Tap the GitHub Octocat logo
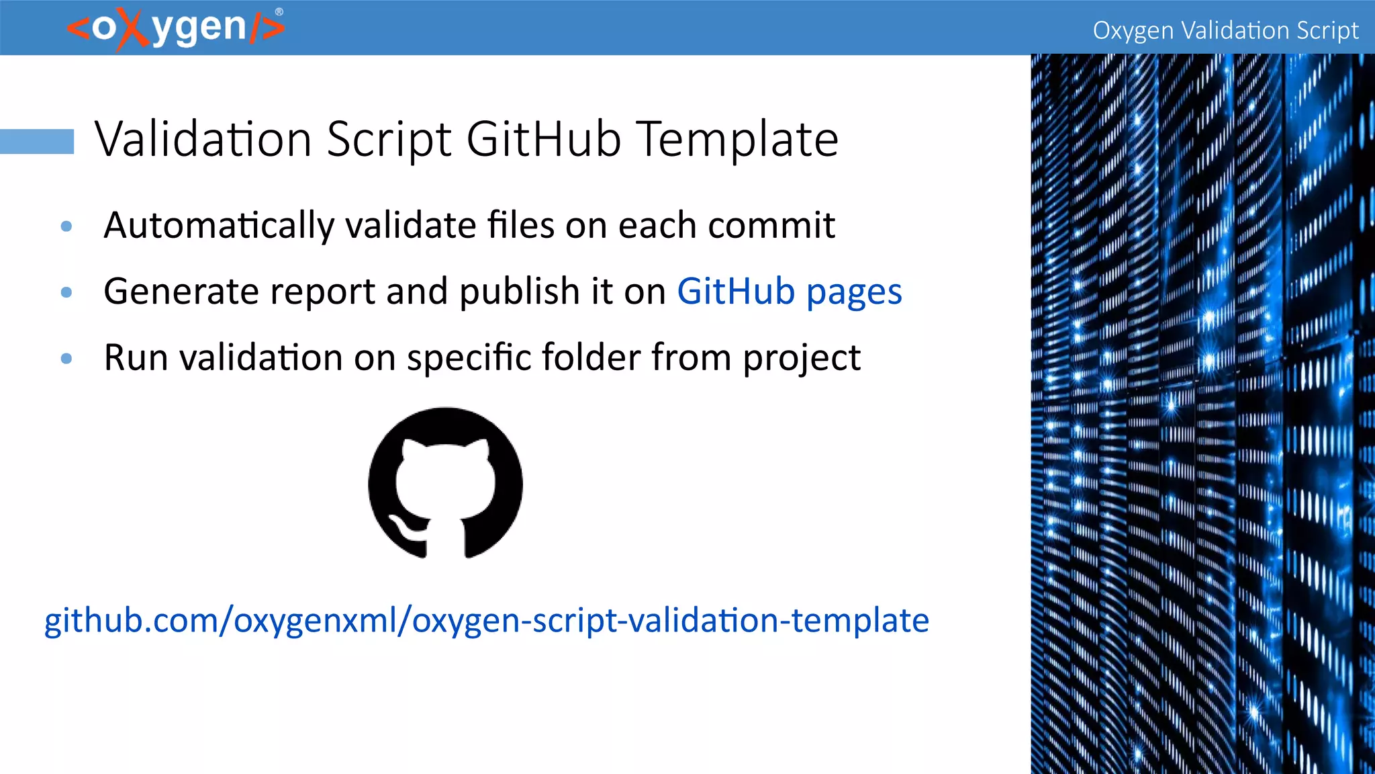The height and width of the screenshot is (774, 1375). pyautogui.click(x=445, y=482)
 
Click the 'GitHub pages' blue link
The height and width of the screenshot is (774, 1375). pyautogui.click(x=789, y=292)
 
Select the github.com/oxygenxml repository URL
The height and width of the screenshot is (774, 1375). pyautogui.click(x=486, y=620)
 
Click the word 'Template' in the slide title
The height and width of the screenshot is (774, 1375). pyautogui.click(x=737, y=140)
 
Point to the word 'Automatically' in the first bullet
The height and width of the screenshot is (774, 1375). pyautogui.click(x=219, y=226)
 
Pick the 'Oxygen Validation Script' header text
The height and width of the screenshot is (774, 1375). pyautogui.click(x=1225, y=30)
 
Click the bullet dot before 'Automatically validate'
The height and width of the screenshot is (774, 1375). pyautogui.click(x=66, y=226)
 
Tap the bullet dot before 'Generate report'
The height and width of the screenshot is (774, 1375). pyautogui.click(x=66, y=292)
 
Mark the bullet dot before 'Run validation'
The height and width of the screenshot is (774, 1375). pyautogui.click(x=66, y=358)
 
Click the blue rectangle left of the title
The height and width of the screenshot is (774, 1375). pyautogui.click(x=37, y=141)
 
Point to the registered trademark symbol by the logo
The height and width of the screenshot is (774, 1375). pyautogui.click(x=279, y=11)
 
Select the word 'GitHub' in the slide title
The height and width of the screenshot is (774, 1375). pyautogui.click(x=543, y=140)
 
